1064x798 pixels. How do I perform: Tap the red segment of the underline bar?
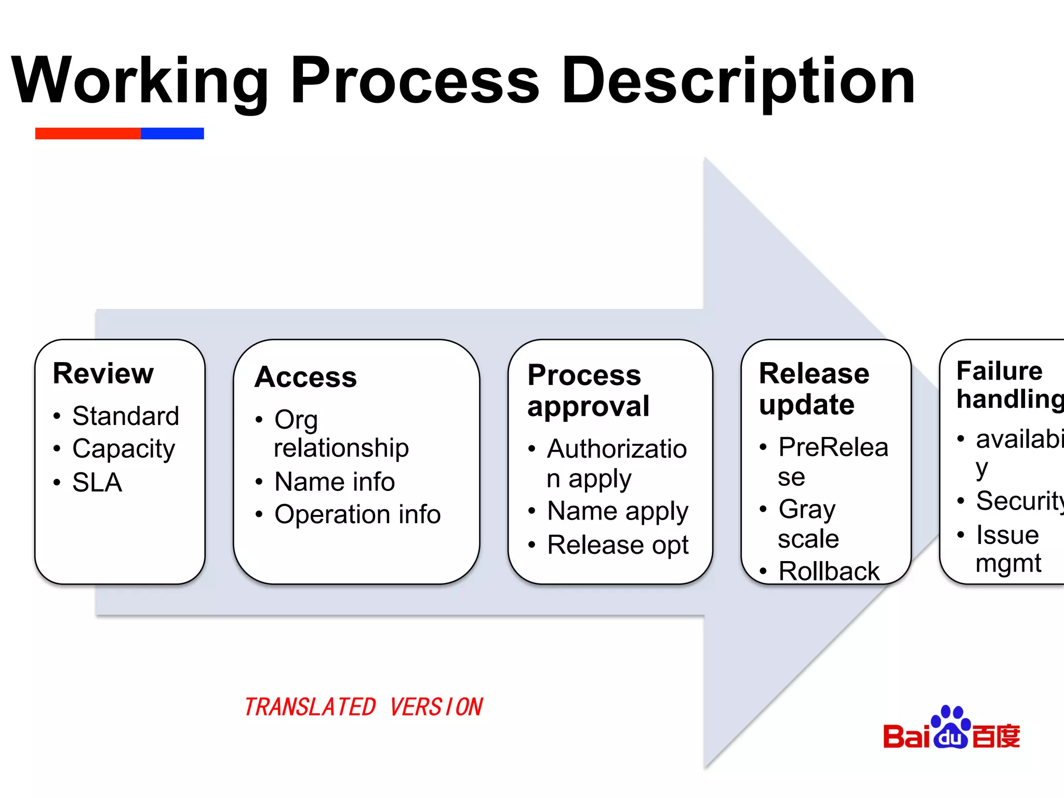click(88, 134)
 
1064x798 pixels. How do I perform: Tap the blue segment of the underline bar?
click(172, 134)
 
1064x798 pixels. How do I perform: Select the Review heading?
click(103, 374)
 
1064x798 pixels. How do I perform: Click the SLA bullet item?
click(97, 482)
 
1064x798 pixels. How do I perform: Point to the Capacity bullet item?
click(124, 448)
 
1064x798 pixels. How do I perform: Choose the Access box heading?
click(306, 377)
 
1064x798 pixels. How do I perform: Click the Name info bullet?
click(335, 481)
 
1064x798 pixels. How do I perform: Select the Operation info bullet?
click(357, 514)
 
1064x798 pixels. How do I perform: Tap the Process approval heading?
click(588, 390)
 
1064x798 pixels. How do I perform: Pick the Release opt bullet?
click(618, 545)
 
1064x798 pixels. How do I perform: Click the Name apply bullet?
click(618, 511)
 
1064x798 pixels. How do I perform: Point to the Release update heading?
click(814, 389)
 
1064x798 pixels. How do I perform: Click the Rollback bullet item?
click(829, 571)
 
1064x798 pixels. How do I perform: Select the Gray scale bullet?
click(808, 523)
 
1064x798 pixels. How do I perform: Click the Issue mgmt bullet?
click(1008, 549)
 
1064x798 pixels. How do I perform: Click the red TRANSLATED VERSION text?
click(364, 707)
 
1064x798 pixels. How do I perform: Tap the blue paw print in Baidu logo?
click(951, 727)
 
